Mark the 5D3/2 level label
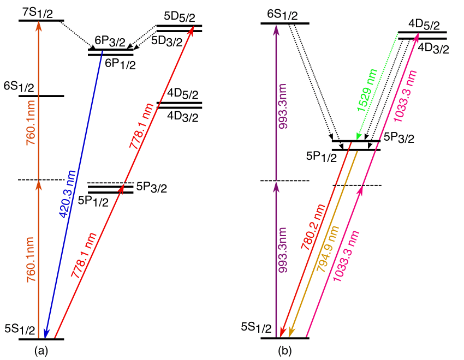[x=166, y=41]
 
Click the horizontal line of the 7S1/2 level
[x=41, y=21]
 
